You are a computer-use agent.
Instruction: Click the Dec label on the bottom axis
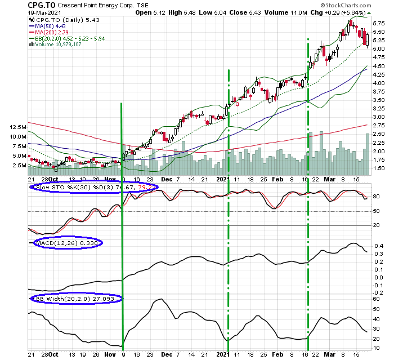click(x=167, y=354)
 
